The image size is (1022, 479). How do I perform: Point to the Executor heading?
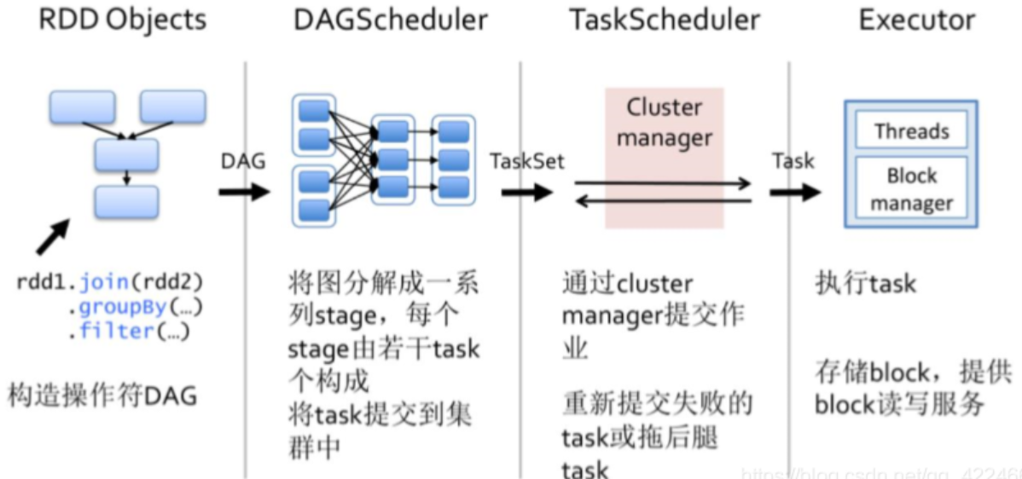[917, 21]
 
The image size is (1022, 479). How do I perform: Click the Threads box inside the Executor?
[911, 132]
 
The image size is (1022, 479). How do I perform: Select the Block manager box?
[911, 189]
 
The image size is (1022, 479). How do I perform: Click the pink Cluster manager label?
[664, 122]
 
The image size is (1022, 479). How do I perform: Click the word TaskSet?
[526, 161]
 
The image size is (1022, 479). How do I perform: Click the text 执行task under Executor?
[865, 284]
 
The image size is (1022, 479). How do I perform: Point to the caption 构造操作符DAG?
[102, 395]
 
